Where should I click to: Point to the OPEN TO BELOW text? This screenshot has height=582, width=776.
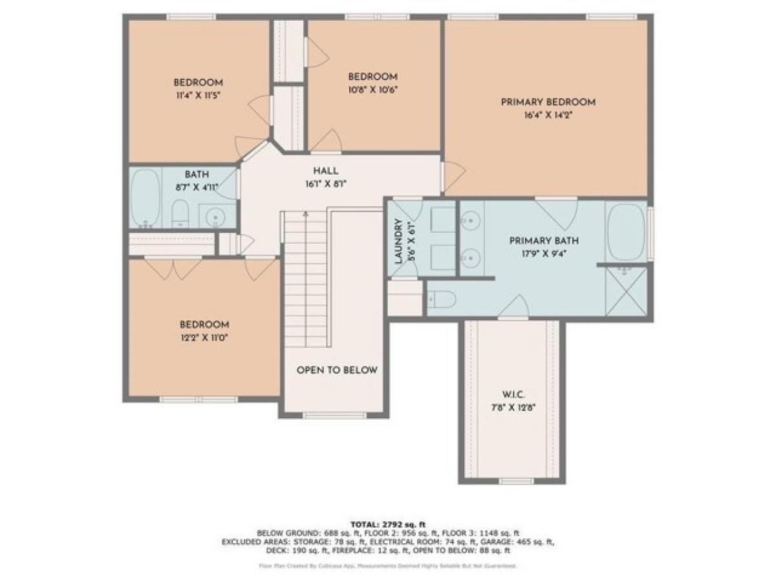336,371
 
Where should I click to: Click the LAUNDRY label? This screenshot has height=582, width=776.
398,242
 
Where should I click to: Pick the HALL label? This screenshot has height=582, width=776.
325,171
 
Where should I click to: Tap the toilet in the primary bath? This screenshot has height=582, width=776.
442,299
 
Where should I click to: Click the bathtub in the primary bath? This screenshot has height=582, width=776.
626,231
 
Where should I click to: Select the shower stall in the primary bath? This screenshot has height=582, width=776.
625,291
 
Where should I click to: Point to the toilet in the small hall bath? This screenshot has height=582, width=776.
180,213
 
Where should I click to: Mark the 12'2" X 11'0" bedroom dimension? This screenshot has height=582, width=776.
204,338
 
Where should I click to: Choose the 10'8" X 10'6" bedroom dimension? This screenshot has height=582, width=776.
372,90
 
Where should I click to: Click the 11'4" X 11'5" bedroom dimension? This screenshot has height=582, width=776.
198,96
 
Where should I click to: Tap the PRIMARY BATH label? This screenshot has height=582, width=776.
543,241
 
